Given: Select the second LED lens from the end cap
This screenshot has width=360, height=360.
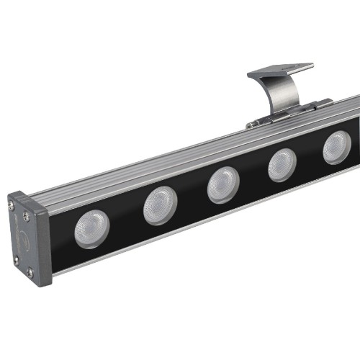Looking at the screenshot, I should (x=160, y=204).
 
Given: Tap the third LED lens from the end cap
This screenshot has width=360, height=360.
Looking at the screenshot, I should (x=223, y=184).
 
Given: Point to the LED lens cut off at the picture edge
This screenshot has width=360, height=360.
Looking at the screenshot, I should (x=336, y=148).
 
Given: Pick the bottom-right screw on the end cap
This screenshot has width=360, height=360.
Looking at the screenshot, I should (x=30, y=271).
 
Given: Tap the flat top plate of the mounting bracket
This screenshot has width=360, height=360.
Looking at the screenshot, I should (x=281, y=71).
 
